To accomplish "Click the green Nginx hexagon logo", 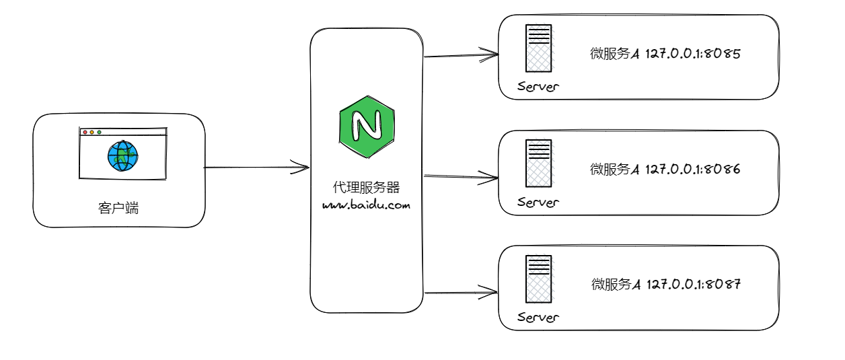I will [367, 125].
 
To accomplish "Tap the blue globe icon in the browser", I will [122, 156].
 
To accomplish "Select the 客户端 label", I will [118, 208].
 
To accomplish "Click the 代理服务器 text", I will [367, 186].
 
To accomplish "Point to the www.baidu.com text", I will [366, 205].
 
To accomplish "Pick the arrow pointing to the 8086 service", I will [462, 178].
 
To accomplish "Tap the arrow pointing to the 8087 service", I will [462, 292].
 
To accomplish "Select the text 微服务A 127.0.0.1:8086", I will [665, 170].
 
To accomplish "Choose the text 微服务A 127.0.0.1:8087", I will [665, 285].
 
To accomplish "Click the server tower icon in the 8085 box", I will [538, 48].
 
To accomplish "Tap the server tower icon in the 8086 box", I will [538, 163].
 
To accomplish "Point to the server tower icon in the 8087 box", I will [538, 278].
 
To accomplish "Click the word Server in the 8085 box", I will [538, 87].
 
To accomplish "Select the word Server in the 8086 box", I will [538, 202].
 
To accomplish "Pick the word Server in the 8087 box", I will [538, 317].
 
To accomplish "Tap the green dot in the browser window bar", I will [100, 133].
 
